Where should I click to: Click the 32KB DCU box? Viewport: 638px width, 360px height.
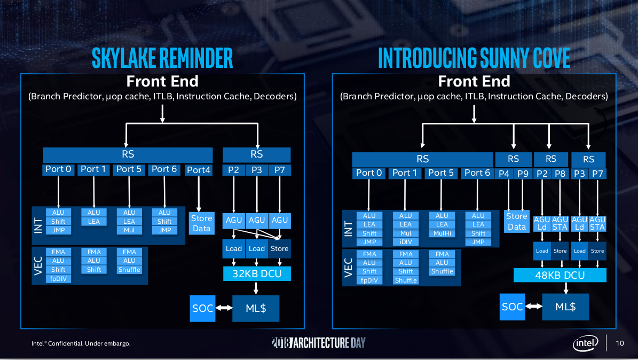click(x=256, y=274)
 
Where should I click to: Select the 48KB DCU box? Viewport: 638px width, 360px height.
click(x=560, y=276)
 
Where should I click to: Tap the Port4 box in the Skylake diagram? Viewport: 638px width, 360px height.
click(x=199, y=170)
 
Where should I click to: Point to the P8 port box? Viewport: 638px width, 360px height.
click(x=560, y=173)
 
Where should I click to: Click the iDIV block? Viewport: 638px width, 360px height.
click(x=406, y=242)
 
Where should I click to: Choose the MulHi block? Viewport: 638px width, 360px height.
click(x=442, y=233)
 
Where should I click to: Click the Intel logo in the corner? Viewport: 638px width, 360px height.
click(x=586, y=343)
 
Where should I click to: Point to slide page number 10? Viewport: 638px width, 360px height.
click(x=620, y=343)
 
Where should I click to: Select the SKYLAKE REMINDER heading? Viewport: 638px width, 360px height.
click(x=162, y=58)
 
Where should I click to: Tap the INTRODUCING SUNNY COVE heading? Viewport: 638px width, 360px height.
click(x=474, y=58)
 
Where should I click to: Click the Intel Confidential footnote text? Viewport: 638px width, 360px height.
click(x=81, y=343)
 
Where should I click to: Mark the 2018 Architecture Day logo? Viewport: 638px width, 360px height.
click(x=319, y=342)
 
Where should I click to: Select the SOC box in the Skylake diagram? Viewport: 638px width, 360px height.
click(x=202, y=309)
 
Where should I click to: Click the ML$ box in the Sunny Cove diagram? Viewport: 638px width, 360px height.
click(x=565, y=307)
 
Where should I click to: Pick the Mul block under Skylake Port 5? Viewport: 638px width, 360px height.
click(x=129, y=230)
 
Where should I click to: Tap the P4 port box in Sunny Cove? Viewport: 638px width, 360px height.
click(x=504, y=173)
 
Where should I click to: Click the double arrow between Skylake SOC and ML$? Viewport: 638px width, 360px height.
click(x=223, y=308)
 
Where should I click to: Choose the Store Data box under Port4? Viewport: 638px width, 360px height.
click(x=201, y=223)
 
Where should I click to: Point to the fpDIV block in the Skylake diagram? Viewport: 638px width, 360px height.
click(x=58, y=278)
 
